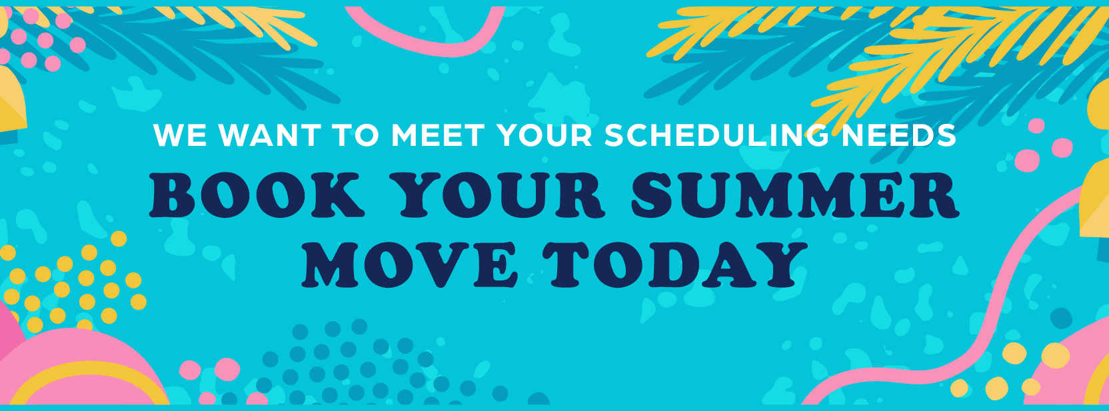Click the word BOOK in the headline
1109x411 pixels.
pos(257,195)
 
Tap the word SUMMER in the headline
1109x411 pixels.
pos(794,195)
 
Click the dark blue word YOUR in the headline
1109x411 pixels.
pos(500,195)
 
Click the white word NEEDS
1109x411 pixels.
pos(899,135)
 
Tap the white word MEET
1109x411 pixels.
pos(438,135)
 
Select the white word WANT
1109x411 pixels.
pos(270,135)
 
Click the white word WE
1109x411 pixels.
pos(180,135)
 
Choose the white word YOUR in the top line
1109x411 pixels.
pos(544,135)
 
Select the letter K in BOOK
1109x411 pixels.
pos(339,195)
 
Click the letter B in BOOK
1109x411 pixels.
pos(173,195)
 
